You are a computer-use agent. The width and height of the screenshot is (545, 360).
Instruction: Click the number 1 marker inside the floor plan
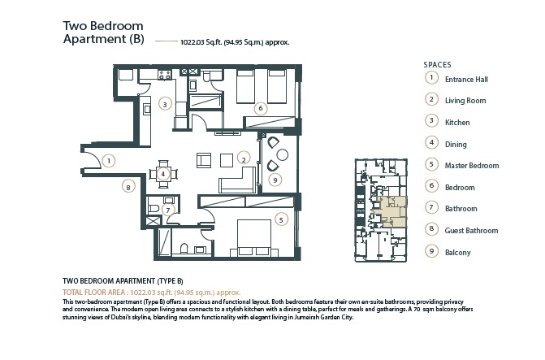(109, 161)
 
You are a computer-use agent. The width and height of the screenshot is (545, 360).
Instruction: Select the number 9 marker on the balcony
(275, 180)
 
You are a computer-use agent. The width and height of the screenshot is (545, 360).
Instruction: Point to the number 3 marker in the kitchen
(165, 104)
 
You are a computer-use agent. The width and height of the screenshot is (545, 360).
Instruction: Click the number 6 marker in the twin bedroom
(259, 107)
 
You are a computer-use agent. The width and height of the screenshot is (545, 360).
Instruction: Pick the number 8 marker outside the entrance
(127, 187)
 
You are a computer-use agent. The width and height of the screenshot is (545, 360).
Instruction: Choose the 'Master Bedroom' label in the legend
(471, 166)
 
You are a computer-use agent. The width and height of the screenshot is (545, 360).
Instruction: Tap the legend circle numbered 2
(430, 100)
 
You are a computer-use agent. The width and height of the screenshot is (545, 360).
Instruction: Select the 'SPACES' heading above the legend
(437, 63)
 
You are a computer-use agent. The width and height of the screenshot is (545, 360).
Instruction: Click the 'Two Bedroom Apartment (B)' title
(103, 32)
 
